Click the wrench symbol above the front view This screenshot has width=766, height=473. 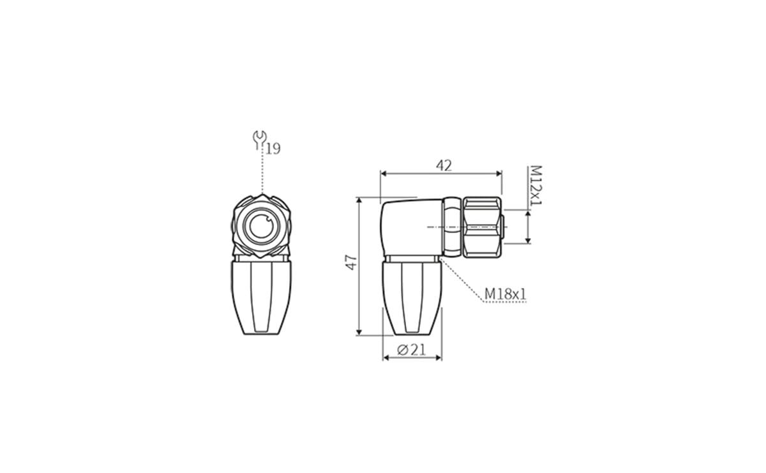coord(259,139)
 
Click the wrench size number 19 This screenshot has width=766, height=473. coord(273,149)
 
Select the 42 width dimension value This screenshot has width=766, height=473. coord(444,165)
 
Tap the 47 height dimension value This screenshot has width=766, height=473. coord(351,262)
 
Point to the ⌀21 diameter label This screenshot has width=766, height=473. coord(411,350)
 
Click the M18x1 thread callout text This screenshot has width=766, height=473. coord(505,294)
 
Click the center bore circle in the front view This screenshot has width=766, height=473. coord(262,227)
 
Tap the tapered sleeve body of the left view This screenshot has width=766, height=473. coord(261,297)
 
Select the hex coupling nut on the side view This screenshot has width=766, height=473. coord(482,227)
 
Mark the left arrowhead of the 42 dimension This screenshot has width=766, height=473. coord(384,173)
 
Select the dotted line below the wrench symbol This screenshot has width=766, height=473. coord(262,172)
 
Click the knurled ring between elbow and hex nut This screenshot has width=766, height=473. coord(452,227)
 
